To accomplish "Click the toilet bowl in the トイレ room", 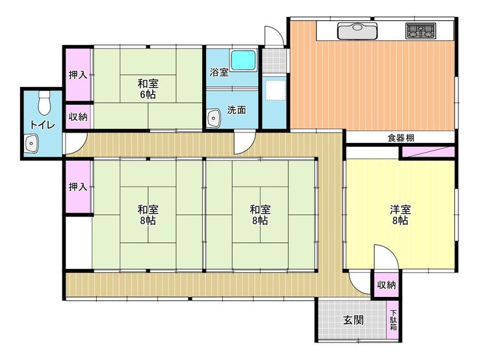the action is pyautogui.click(x=44, y=103).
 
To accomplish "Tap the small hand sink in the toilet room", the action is pyautogui.click(x=31, y=143).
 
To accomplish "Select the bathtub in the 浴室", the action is pyautogui.click(x=243, y=60).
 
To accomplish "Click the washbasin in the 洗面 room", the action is pyautogui.click(x=213, y=118).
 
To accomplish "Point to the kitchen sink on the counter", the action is pyautogui.click(x=357, y=31).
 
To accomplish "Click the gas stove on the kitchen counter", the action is pyautogui.click(x=421, y=31).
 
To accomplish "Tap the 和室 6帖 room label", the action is pyautogui.click(x=148, y=88).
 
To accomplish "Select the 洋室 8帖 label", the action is pyautogui.click(x=400, y=215).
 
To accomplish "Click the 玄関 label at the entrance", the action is pyautogui.click(x=354, y=320).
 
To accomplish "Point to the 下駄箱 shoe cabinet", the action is pyautogui.click(x=393, y=320).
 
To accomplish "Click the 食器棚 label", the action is pyautogui.click(x=401, y=138).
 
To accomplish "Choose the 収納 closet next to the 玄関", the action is pyautogui.click(x=386, y=285).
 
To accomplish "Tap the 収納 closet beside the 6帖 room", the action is pyautogui.click(x=78, y=117).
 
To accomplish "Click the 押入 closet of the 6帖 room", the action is pyautogui.click(x=78, y=75).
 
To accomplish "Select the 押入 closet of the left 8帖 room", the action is pyautogui.click(x=78, y=186).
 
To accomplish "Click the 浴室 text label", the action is pyautogui.click(x=219, y=73).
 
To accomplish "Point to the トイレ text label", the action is pyautogui.click(x=42, y=125).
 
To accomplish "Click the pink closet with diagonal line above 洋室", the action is pyautogui.click(x=428, y=152).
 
